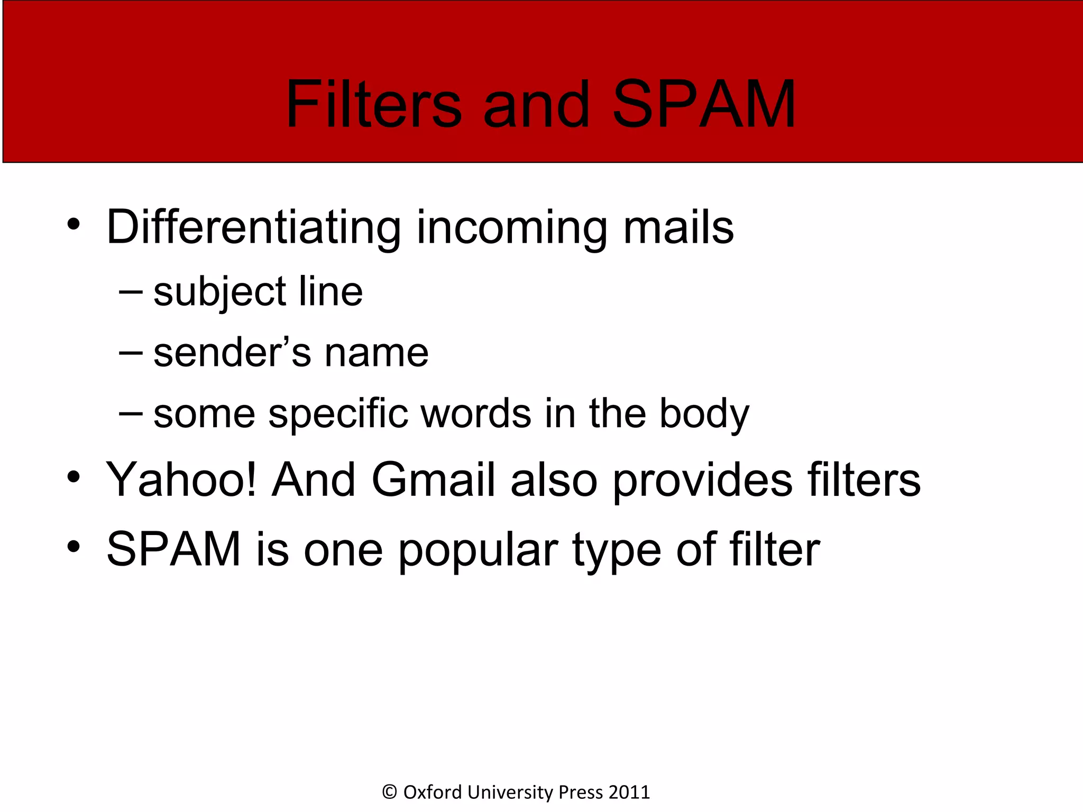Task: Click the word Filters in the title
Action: (x=373, y=104)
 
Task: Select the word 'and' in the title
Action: (x=536, y=104)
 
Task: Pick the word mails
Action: (x=678, y=227)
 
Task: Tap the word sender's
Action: (x=232, y=353)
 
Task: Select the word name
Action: (x=376, y=354)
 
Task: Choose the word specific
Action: (x=338, y=413)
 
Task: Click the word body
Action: (x=704, y=414)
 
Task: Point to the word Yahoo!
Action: (x=181, y=480)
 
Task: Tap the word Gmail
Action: (x=434, y=480)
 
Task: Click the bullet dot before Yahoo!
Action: (x=74, y=477)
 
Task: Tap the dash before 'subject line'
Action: (x=131, y=292)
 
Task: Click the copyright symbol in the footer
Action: (x=389, y=792)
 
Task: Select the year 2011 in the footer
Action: (x=629, y=792)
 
